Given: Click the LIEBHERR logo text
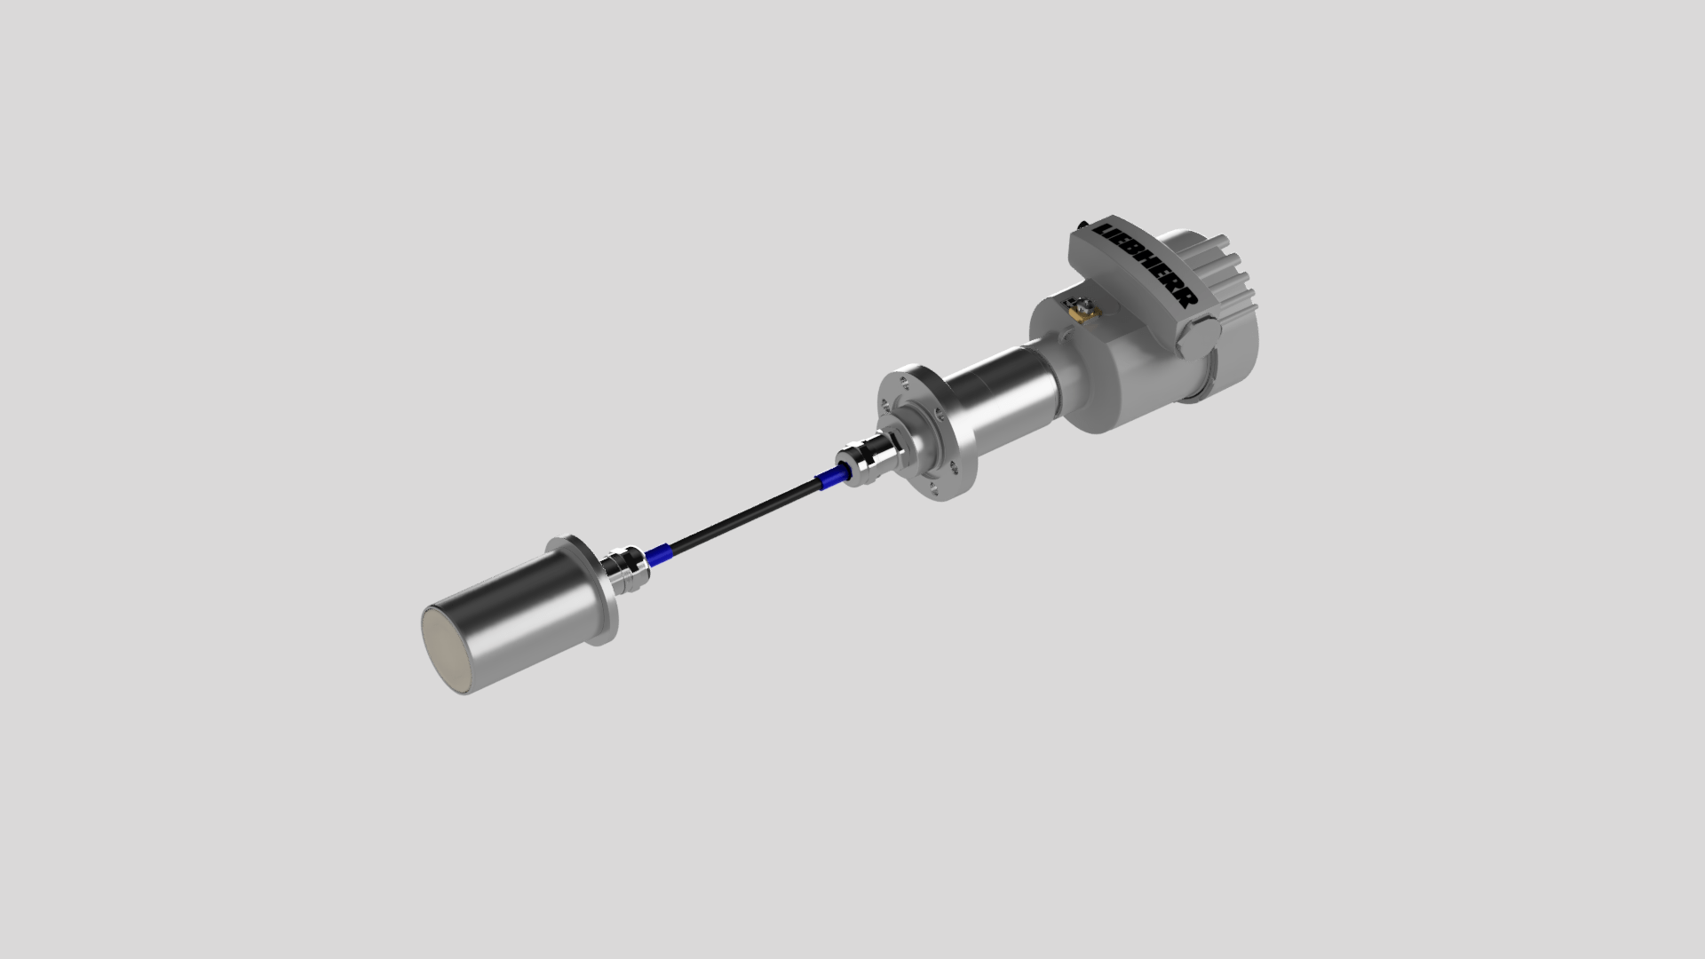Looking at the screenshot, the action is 1148,264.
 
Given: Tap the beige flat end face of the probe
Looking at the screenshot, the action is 445,648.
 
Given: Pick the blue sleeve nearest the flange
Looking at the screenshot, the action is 829,479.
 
